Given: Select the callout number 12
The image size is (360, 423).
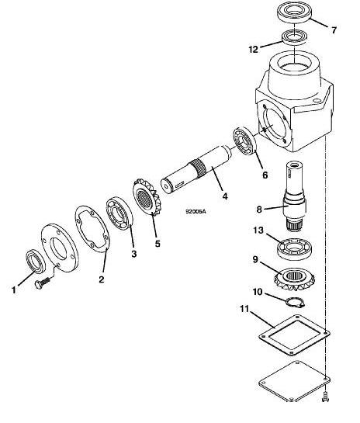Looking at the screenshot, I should pyautogui.click(x=253, y=49).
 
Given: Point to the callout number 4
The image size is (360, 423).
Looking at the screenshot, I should pyautogui.click(x=224, y=196).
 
